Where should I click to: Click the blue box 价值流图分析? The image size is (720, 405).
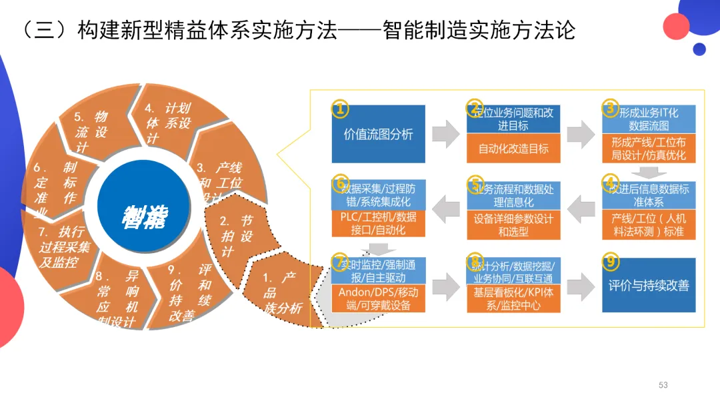[378, 134]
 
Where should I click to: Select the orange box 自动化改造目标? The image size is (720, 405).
[513, 149]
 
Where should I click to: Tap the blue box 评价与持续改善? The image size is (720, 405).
[649, 285]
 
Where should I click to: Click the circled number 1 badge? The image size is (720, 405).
[340, 109]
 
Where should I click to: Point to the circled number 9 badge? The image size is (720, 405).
[610, 260]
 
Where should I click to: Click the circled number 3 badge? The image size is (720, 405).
[610, 107]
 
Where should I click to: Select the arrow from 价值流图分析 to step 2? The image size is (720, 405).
[445, 134]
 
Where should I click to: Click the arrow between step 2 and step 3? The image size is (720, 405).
[581, 134]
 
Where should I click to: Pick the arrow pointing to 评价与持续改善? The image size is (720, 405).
[581, 285]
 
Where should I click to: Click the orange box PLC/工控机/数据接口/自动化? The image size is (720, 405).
[377, 224]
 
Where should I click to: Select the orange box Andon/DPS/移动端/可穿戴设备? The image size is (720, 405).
[377, 299]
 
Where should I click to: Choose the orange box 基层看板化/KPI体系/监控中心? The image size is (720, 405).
[513, 299]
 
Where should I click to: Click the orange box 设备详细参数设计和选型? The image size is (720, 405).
[513, 225]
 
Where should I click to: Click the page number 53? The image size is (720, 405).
[663, 385]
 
